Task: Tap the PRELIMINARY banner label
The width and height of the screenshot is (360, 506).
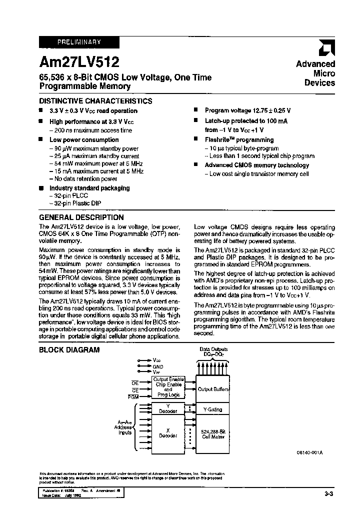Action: pos(79,42)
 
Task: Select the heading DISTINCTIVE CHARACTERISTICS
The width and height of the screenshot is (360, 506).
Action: pos(95,101)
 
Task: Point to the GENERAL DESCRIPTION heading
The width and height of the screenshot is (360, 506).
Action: pos(81,217)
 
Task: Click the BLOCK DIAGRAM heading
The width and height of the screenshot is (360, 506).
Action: pos(69,350)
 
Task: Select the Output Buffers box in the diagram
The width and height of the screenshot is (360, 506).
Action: pos(213,389)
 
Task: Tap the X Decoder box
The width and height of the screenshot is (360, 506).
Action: pos(168,432)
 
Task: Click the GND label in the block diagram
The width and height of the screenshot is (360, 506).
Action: pos(158,366)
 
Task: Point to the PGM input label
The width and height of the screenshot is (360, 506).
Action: pos(132,396)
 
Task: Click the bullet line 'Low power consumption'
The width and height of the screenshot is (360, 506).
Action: pos(84,140)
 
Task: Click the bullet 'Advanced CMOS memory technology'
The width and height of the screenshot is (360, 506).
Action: pos(257,165)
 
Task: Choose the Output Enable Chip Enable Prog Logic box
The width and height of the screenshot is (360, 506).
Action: pos(168,387)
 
